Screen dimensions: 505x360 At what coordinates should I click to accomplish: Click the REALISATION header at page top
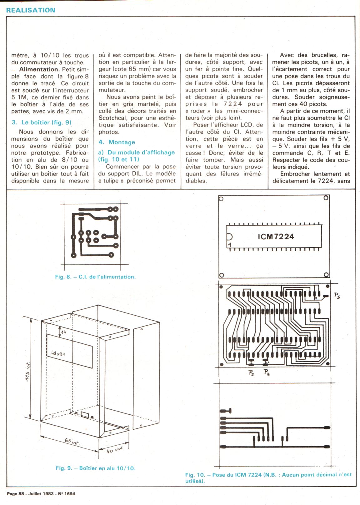pos(31,10)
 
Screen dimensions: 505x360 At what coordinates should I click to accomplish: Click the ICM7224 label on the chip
pos(276,236)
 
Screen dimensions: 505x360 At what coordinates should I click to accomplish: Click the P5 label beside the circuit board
pos(337,296)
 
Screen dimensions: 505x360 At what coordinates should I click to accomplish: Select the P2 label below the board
pos(251,372)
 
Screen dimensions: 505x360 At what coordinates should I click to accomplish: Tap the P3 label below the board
pos(267,372)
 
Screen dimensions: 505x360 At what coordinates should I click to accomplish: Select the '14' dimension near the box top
pos(63,332)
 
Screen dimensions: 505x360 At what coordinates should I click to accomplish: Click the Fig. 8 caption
pos(95,277)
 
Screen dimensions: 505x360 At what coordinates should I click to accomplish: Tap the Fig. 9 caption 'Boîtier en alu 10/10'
pos(96,468)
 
